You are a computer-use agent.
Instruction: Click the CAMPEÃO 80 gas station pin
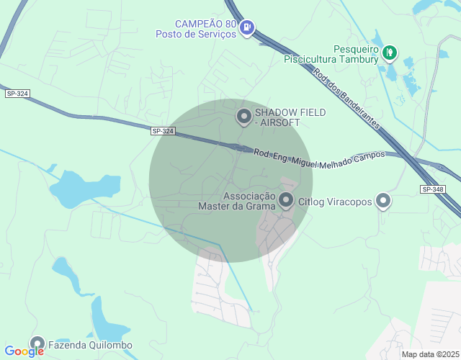[x=247, y=27]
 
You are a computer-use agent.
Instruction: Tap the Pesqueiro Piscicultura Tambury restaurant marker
[x=390, y=51]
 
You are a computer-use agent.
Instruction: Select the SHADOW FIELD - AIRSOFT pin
[x=244, y=116]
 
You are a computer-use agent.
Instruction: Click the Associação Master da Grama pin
[x=286, y=200]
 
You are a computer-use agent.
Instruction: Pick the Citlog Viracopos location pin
[x=384, y=201]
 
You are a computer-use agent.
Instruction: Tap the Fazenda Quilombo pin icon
[x=37, y=343]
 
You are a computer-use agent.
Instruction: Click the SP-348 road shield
[x=432, y=189]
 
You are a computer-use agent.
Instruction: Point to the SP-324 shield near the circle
[x=164, y=131]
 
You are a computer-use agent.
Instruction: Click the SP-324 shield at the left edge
[x=17, y=94]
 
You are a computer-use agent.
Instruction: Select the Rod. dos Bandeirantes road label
[x=346, y=97]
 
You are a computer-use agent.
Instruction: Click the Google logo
[x=24, y=351]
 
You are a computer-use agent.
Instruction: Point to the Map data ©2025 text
[x=430, y=354]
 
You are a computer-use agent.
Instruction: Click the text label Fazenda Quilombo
[x=90, y=345]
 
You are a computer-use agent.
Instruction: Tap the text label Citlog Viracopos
[x=335, y=202]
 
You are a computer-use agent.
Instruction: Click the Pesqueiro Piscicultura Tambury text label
[x=331, y=54]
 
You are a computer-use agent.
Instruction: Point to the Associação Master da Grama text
[x=237, y=201]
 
